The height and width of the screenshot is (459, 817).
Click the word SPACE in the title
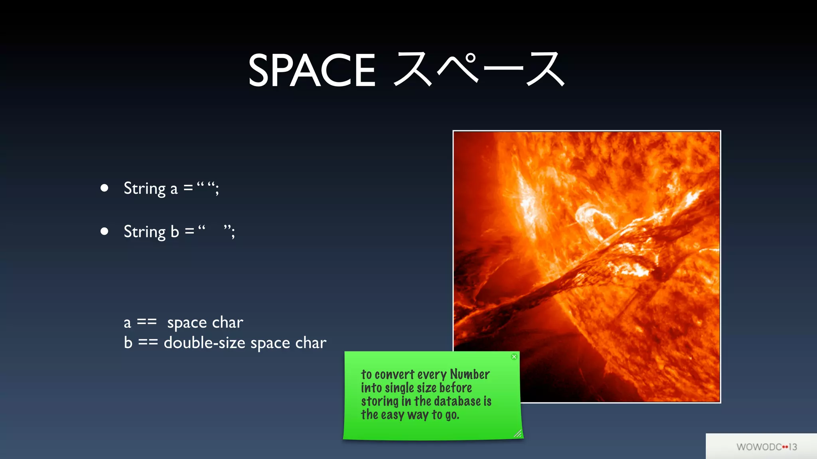click(x=312, y=71)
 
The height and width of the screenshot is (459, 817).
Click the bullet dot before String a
click(x=105, y=188)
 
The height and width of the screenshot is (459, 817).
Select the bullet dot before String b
click(x=105, y=231)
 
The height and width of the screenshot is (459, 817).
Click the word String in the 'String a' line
click(x=144, y=188)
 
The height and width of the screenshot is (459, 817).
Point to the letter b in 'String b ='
click(x=175, y=231)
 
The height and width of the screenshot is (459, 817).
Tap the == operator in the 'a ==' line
click(x=146, y=322)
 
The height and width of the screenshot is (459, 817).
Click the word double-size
click(x=204, y=343)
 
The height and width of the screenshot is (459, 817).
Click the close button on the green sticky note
click(x=514, y=357)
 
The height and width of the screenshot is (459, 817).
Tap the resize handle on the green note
click(x=517, y=434)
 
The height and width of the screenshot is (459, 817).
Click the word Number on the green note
click(x=470, y=374)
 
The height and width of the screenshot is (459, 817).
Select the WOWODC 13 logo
click(x=766, y=447)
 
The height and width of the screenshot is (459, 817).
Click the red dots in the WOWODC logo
click(x=785, y=447)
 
